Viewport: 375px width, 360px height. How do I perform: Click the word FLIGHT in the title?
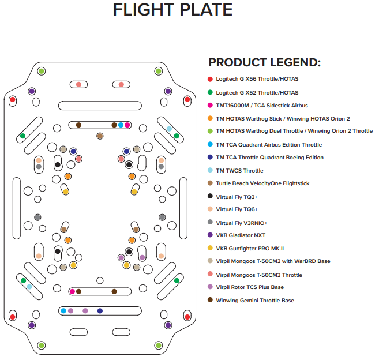(144, 10)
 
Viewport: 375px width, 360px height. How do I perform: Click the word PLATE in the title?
(206, 10)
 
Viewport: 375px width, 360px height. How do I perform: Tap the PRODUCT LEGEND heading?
(264, 62)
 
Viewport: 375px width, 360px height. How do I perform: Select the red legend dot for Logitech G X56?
(210, 79)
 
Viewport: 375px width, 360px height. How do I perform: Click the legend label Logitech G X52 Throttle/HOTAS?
(257, 93)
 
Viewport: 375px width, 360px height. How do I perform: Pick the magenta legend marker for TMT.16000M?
(210, 105)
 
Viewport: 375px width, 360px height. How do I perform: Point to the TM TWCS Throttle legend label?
(239, 171)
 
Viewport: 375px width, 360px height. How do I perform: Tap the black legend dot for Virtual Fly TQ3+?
(210, 196)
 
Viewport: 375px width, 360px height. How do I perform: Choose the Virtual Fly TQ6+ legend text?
(237, 209)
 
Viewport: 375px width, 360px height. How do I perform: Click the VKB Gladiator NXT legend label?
(241, 235)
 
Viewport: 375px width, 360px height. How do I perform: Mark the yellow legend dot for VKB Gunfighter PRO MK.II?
(210, 248)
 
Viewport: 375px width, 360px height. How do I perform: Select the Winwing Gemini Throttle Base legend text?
(255, 301)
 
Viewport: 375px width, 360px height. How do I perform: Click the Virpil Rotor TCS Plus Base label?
(250, 287)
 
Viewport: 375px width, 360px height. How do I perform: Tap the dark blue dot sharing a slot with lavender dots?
(100, 311)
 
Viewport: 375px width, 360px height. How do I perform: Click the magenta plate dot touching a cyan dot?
(127, 125)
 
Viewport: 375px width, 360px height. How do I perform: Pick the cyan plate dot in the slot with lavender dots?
(63, 311)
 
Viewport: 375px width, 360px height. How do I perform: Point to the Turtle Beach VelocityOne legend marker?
(210, 183)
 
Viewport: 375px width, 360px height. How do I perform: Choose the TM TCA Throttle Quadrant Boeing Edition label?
(270, 157)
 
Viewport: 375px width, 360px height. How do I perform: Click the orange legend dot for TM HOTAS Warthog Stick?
(210, 118)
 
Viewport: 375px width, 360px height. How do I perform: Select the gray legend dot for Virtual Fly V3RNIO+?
(210, 222)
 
